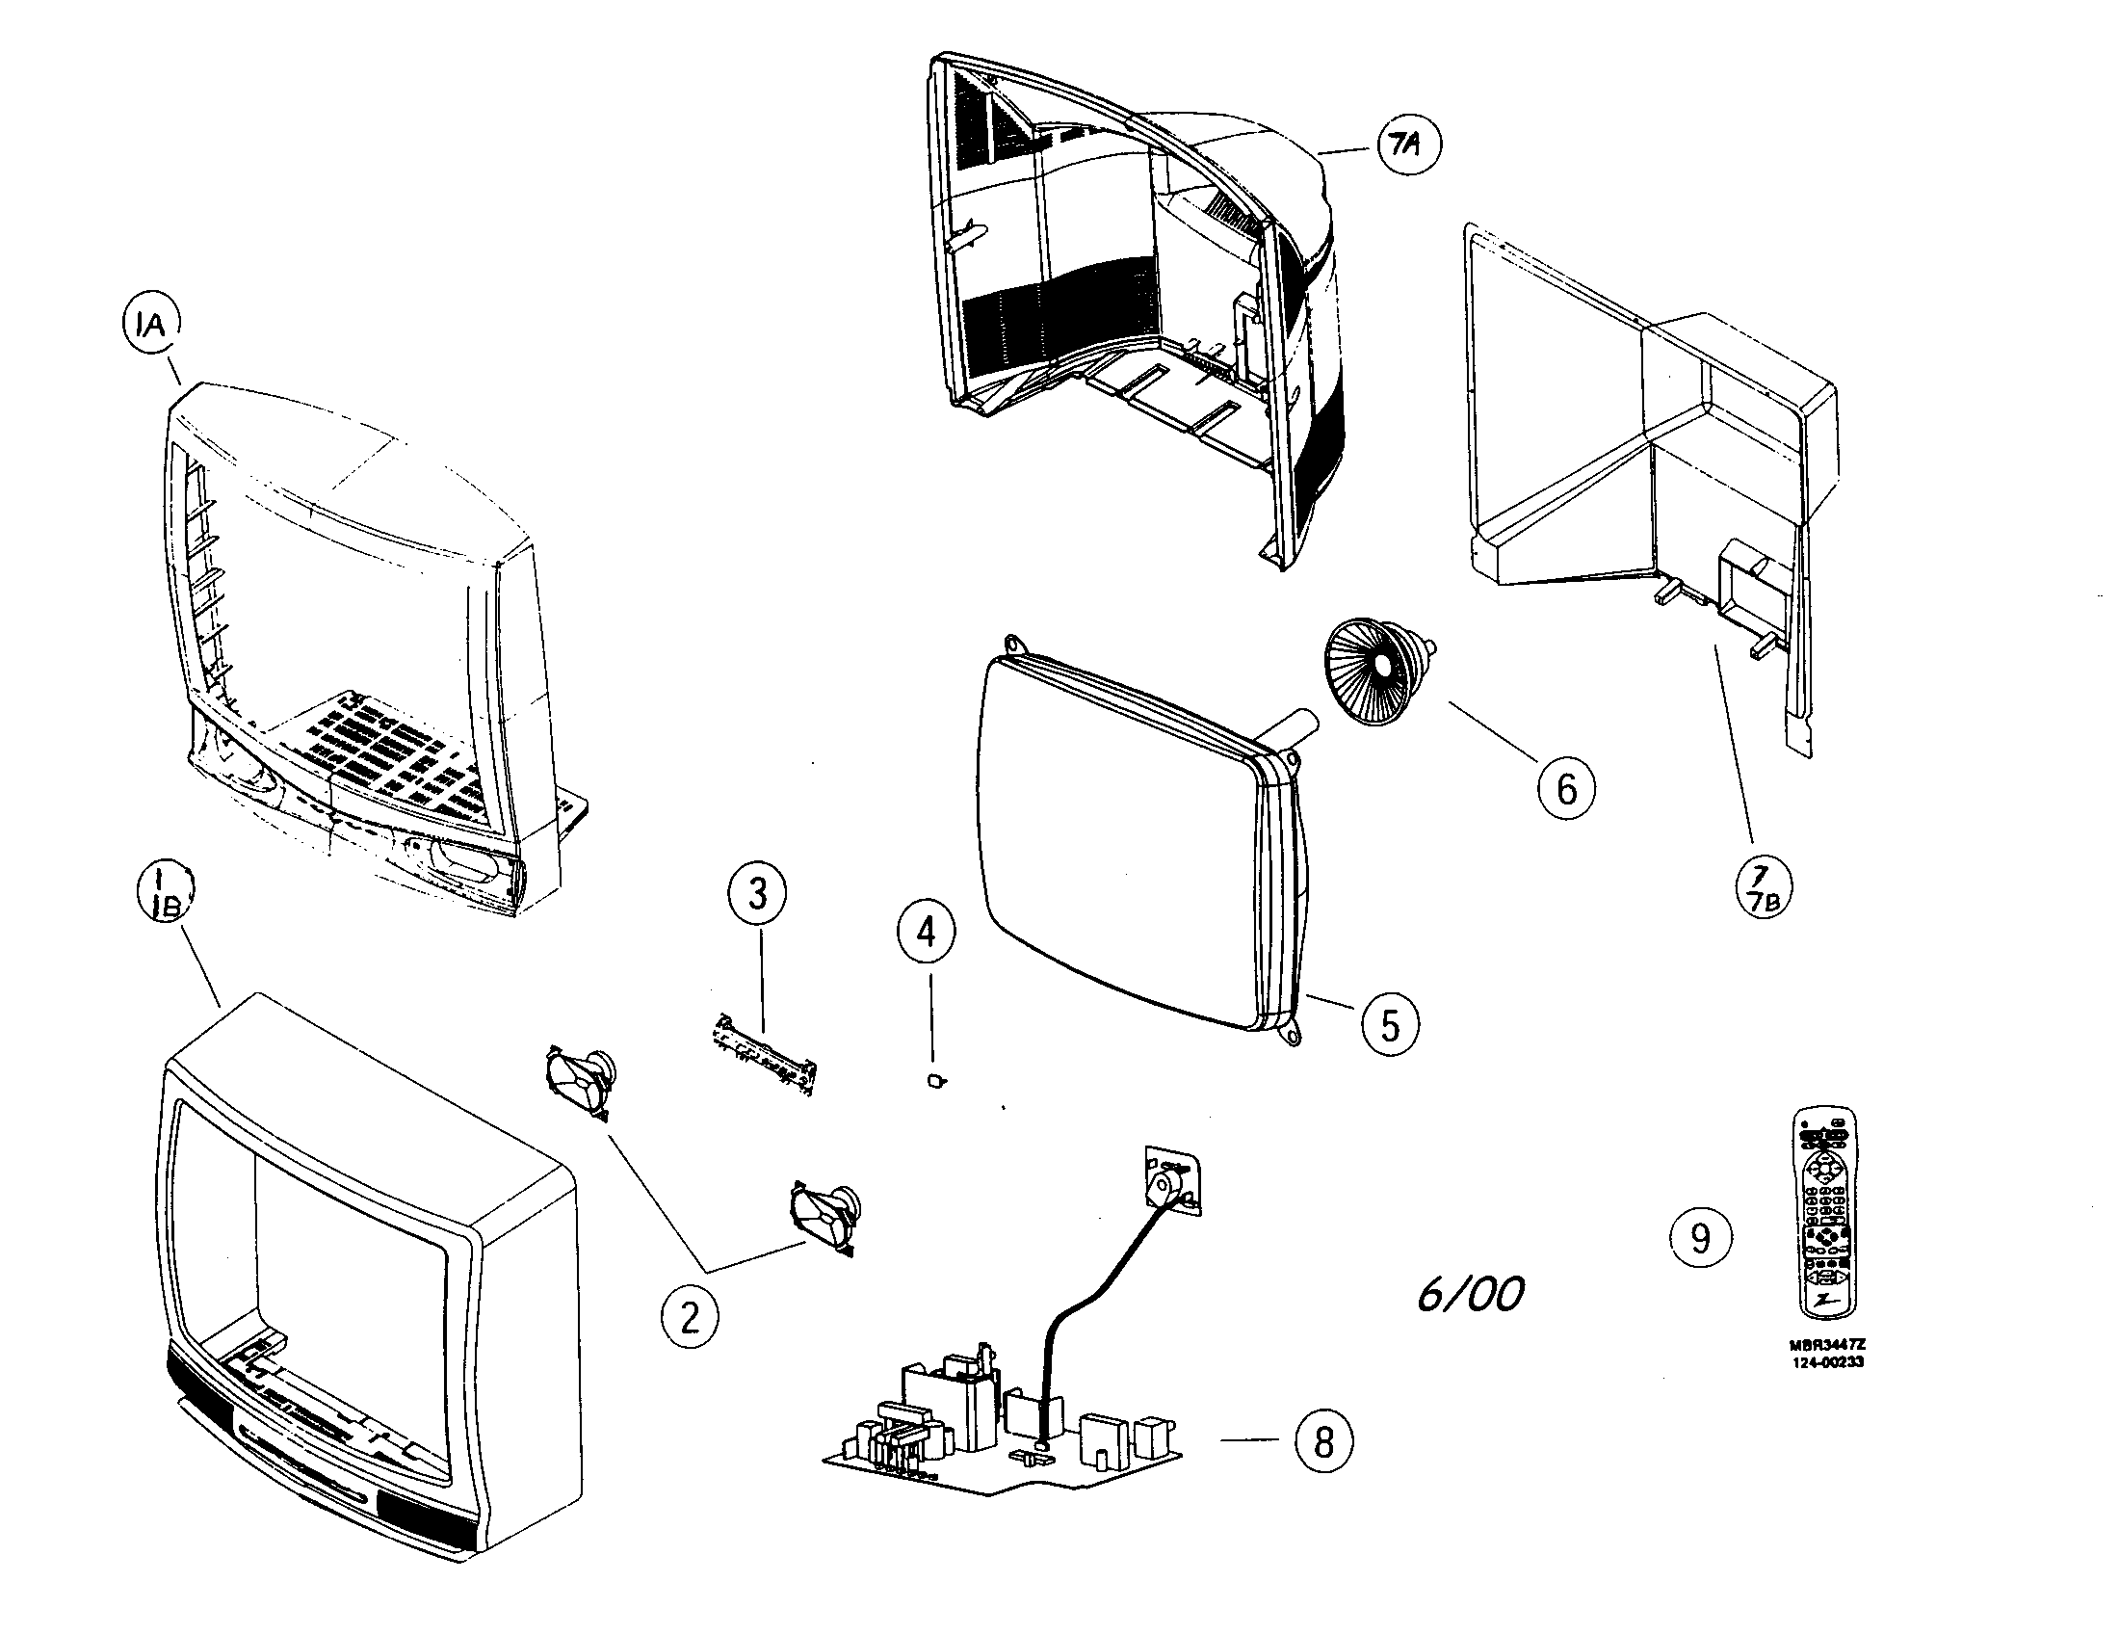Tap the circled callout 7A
[x=1409, y=145]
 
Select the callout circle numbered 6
[x=1566, y=788]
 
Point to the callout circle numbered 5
[x=1389, y=1024]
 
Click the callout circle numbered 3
[x=757, y=894]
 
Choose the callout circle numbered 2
[x=690, y=1318]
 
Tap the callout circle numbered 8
[x=1323, y=1441]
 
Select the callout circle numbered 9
[x=1700, y=1237]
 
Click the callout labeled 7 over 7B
[x=1763, y=891]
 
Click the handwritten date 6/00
[x=1470, y=1293]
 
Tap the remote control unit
[x=1824, y=1213]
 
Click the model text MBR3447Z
[x=1827, y=1345]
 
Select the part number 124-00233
[x=1827, y=1361]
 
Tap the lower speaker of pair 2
[x=824, y=1217]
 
